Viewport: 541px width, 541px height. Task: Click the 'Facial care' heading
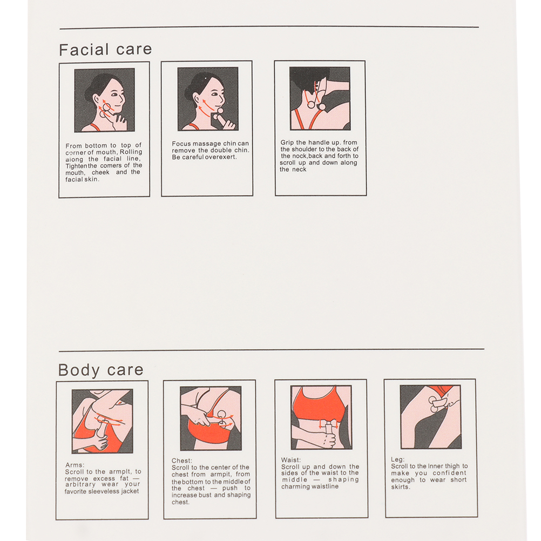pyautogui.click(x=105, y=50)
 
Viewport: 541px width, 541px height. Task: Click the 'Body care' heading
pyautogui.click(x=100, y=370)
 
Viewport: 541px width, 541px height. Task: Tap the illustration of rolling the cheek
pyautogui.click(x=105, y=100)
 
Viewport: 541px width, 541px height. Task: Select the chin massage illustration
pyautogui.click(x=208, y=99)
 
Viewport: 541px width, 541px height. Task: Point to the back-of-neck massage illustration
pyautogui.click(x=320, y=98)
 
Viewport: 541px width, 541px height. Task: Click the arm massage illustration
pyautogui.click(x=102, y=421)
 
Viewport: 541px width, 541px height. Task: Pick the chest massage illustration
pyautogui.click(x=211, y=418)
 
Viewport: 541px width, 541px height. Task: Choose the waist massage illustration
pyautogui.click(x=321, y=417)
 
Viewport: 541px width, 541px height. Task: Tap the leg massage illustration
pyautogui.click(x=431, y=417)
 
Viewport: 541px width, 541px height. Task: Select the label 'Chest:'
pyautogui.click(x=182, y=461)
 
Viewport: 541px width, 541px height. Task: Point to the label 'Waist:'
pyautogui.click(x=291, y=460)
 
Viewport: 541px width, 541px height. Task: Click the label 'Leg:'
pyautogui.click(x=397, y=459)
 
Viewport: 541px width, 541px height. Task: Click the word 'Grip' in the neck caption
pyautogui.click(x=287, y=143)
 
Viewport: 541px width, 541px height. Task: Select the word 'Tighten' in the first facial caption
pyautogui.click(x=76, y=166)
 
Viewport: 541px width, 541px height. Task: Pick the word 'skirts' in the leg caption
pyautogui.click(x=401, y=487)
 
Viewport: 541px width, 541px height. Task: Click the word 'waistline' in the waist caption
pyautogui.click(x=324, y=486)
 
